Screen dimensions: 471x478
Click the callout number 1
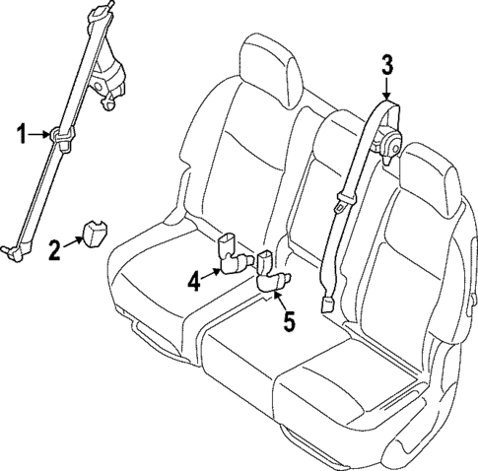coord(21,131)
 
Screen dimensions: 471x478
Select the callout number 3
coord(387,66)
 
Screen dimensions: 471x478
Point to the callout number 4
coord(194,282)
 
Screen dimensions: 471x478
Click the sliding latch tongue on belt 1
coord(61,138)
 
